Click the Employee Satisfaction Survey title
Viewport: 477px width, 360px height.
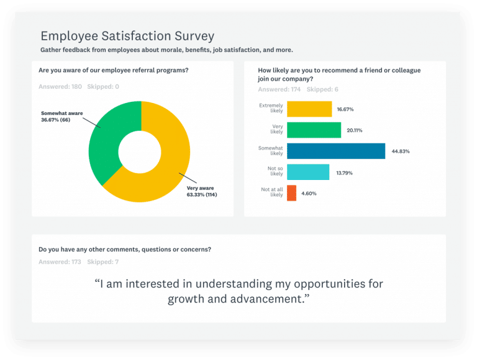(x=127, y=35)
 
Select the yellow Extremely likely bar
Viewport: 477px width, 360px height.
(x=309, y=109)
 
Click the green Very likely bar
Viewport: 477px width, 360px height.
(x=314, y=130)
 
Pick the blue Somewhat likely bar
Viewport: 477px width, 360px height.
(x=336, y=151)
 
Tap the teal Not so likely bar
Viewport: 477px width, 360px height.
(x=308, y=172)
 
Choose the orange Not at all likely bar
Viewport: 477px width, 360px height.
(x=291, y=193)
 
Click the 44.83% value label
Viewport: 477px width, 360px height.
(x=401, y=151)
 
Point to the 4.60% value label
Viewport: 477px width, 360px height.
(x=309, y=194)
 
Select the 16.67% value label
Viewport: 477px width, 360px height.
(x=345, y=109)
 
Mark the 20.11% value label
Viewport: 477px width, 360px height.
(x=355, y=130)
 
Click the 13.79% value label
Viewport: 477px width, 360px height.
(x=344, y=173)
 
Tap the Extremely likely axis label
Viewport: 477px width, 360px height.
(x=271, y=109)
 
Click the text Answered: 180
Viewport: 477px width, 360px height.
(x=60, y=86)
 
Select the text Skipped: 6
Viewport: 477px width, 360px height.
(x=322, y=89)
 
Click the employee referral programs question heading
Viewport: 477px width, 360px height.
(x=114, y=70)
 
